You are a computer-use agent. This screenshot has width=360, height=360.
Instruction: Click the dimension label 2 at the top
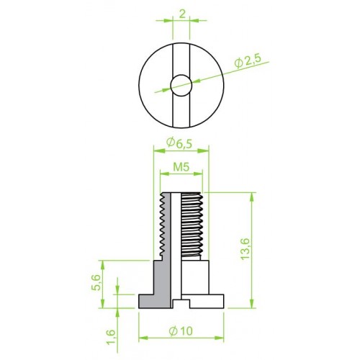tap(182, 14)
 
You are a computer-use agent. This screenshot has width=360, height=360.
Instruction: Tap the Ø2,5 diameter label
tap(247, 63)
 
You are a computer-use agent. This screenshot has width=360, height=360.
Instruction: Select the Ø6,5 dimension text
tap(179, 143)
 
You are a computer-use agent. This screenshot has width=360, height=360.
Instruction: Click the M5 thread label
tap(181, 167)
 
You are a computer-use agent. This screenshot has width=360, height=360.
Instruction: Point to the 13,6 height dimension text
tap(246, 249)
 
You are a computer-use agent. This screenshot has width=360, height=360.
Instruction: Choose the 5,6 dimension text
tap(96, 282)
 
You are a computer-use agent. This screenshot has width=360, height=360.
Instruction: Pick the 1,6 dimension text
tap(111, 337)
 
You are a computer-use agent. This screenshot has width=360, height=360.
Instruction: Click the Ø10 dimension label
tap(181, 331)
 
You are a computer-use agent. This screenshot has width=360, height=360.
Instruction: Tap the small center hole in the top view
tap(181, 86)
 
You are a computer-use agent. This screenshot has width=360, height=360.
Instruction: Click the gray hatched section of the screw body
tap(162, 283)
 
